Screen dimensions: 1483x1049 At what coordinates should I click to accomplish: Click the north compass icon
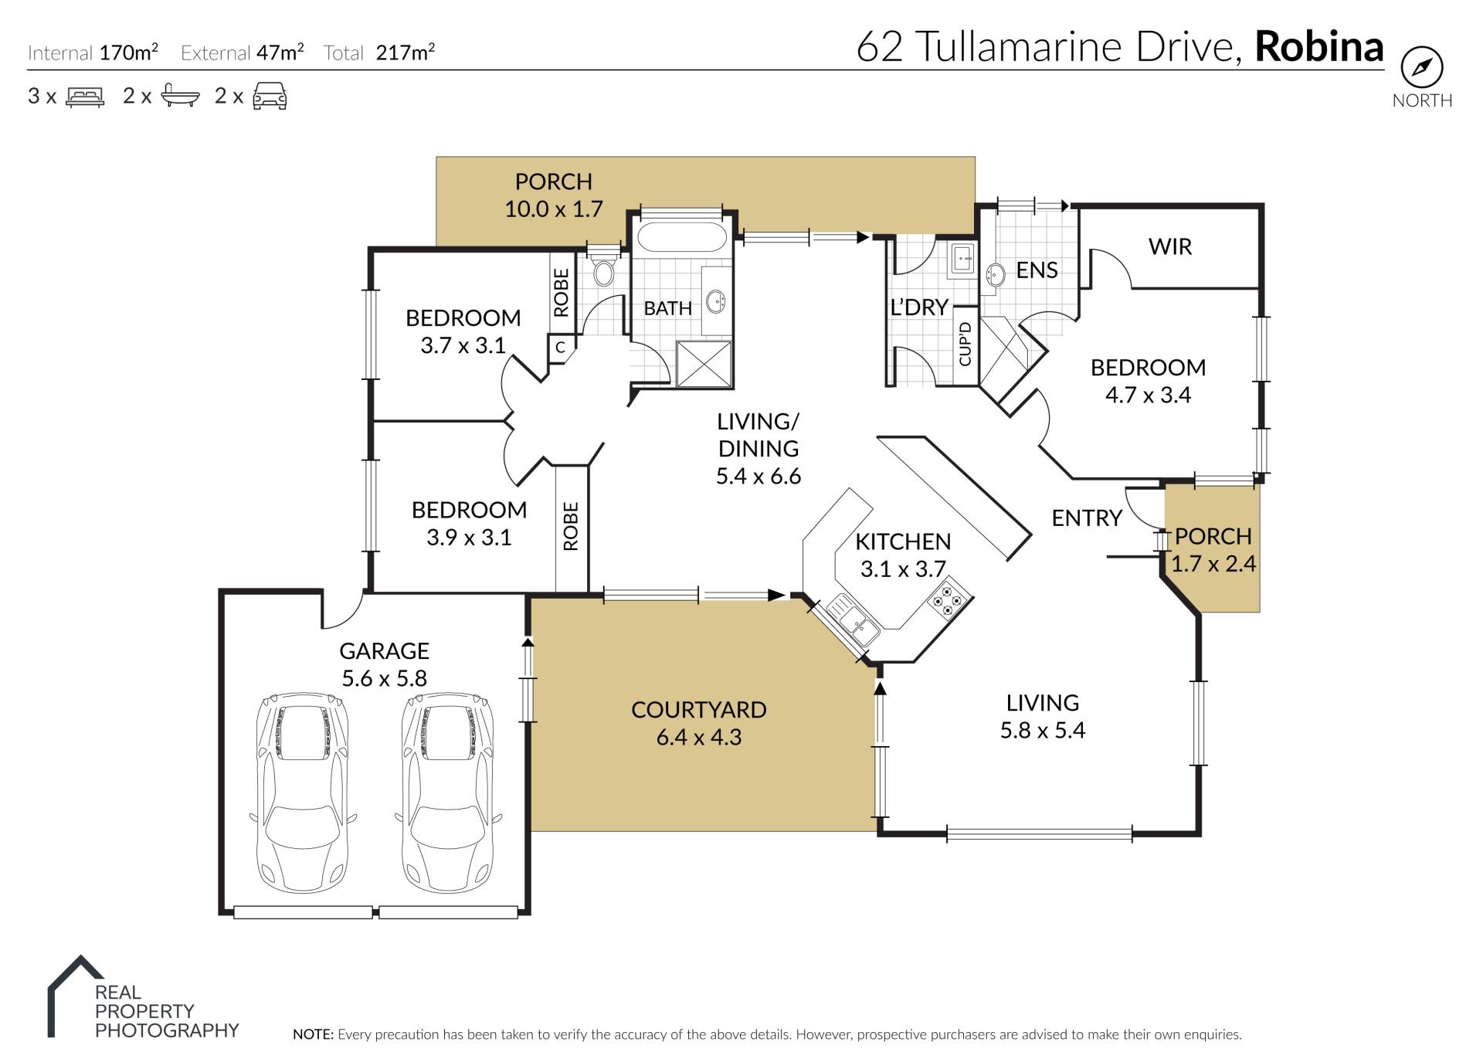[x=1421, y=67]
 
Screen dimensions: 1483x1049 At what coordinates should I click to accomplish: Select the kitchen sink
[x=853, y=621]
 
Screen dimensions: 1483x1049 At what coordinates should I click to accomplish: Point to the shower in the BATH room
[x=704, y=363]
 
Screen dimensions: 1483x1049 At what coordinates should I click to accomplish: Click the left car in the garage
[x=302, y=792]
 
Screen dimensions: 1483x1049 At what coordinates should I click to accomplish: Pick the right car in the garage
[x=448, y=792]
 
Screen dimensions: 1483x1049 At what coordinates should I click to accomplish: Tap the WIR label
[x=1169, y=246]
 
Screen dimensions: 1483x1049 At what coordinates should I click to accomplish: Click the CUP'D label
[x=965, y=344]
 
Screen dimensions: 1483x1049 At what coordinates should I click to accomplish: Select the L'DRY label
[x=918, y=307]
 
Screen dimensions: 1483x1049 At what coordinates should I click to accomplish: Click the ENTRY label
[x=1086, y=518]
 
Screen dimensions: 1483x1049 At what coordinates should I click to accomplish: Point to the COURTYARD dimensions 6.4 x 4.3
[x=698, y=737]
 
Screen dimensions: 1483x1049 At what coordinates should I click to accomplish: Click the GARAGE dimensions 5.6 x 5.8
[x=384, y=678]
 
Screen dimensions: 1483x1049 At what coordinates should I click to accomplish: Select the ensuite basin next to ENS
[x=996, y=273]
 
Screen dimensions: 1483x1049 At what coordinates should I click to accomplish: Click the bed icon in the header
[x=85, y=97]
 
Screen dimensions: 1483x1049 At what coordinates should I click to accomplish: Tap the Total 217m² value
[x=405, y=52]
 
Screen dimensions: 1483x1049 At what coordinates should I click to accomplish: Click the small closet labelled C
[x=561, y=348]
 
